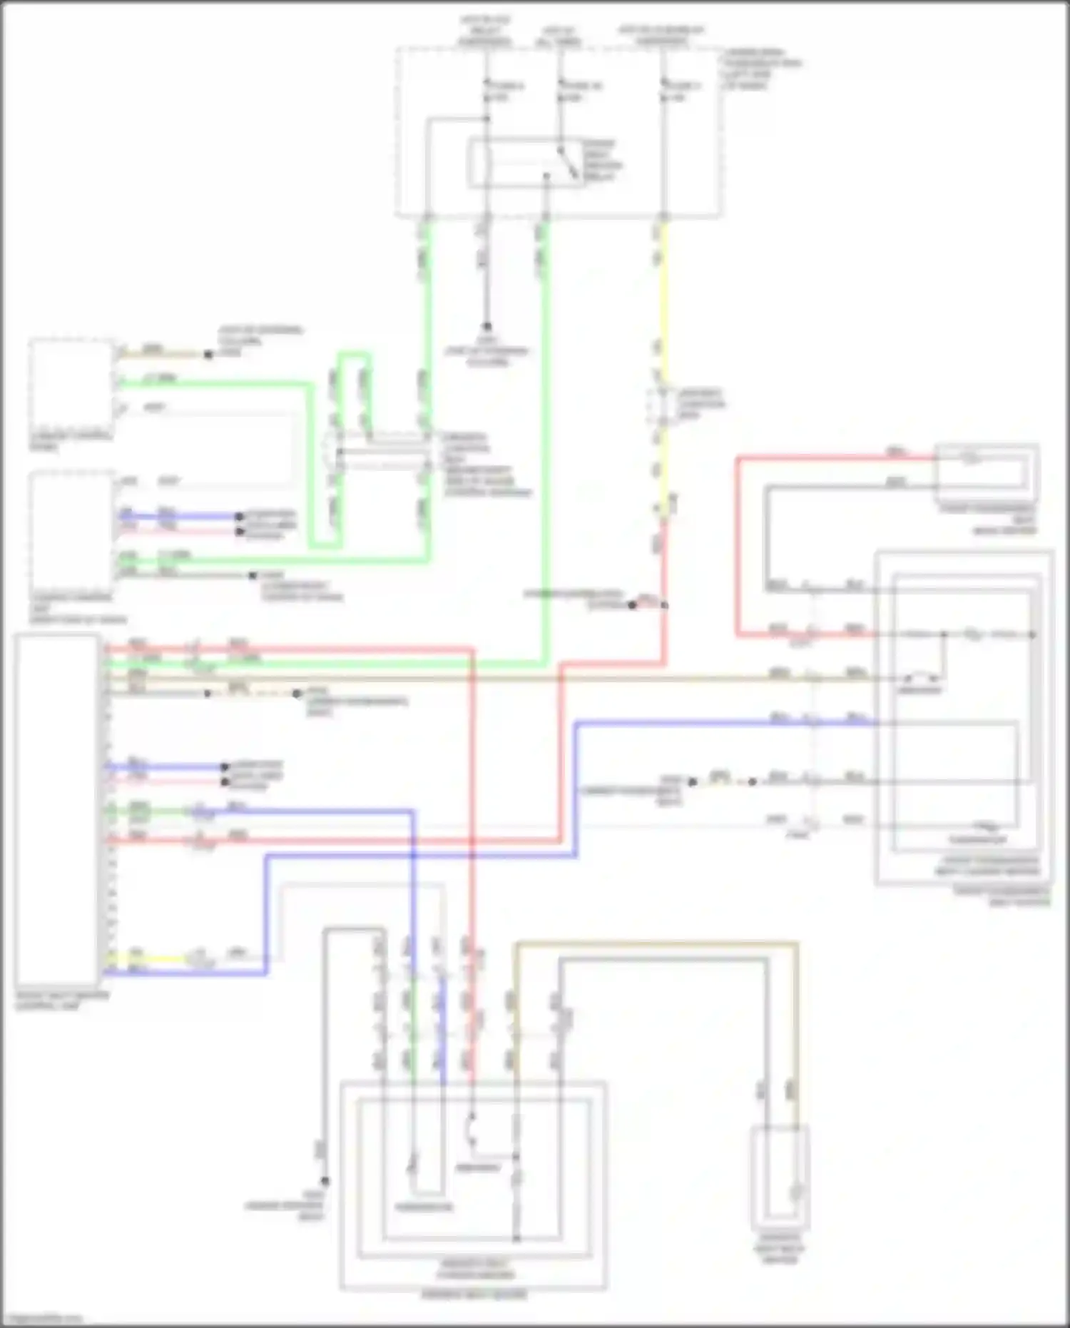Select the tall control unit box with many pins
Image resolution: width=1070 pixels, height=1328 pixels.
coord(57,810)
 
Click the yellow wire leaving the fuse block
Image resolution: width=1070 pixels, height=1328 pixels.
coord(664,300)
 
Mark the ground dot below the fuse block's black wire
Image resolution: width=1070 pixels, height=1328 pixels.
coord(486,327)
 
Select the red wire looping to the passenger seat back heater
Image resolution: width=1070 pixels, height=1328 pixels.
coord(739,542)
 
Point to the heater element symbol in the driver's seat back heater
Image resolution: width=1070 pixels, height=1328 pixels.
coord(795,1192)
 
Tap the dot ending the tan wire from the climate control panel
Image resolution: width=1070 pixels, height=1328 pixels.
coord(208,355)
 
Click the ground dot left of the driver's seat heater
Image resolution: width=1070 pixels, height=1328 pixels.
coord(325,1181)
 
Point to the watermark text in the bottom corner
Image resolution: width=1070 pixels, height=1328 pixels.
coord(43,1319)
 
